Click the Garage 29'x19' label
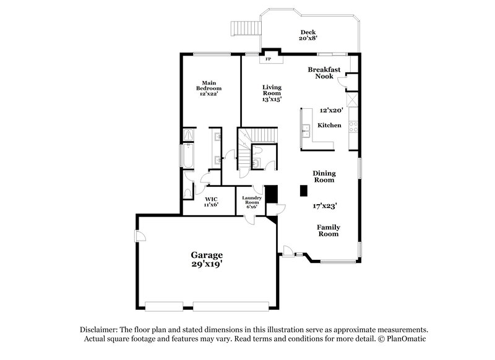(206, 259)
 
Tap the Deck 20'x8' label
(308, 36)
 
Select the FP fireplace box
(269, 60)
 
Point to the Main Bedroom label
(209, 88)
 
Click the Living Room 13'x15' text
(272, 93)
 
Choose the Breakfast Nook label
(324, 73)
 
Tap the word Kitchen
(329, 126)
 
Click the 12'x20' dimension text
(331, 110)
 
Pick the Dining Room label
(324, 177)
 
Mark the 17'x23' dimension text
(324, 206)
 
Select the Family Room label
(329, 231)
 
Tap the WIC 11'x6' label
(211, 202)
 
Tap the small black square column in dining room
(304, 191)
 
